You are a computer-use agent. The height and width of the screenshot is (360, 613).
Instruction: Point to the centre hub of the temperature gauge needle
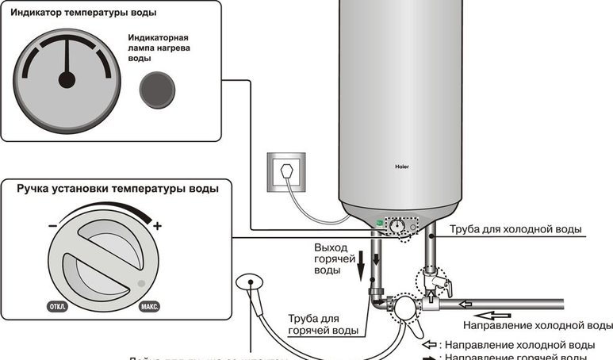point(67,79)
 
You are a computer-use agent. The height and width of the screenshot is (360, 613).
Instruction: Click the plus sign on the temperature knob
point(157,226)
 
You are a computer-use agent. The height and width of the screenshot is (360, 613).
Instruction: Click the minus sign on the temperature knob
point(52,226)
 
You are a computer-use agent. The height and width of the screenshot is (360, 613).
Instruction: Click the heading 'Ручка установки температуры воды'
point(117,189)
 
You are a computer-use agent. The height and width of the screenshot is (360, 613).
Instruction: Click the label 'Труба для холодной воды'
point(516,230)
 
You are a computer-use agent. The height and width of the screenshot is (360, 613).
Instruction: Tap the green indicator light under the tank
point(381,224)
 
